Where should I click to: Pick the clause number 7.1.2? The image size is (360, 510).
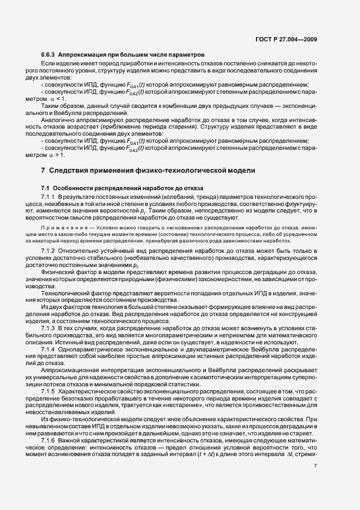[x=48, y=250]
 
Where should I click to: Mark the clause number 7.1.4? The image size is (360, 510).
[x=48, y=348]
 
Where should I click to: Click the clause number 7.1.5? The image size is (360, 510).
[x=48, y=391]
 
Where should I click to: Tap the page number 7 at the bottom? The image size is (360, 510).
[x=316, y=466]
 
